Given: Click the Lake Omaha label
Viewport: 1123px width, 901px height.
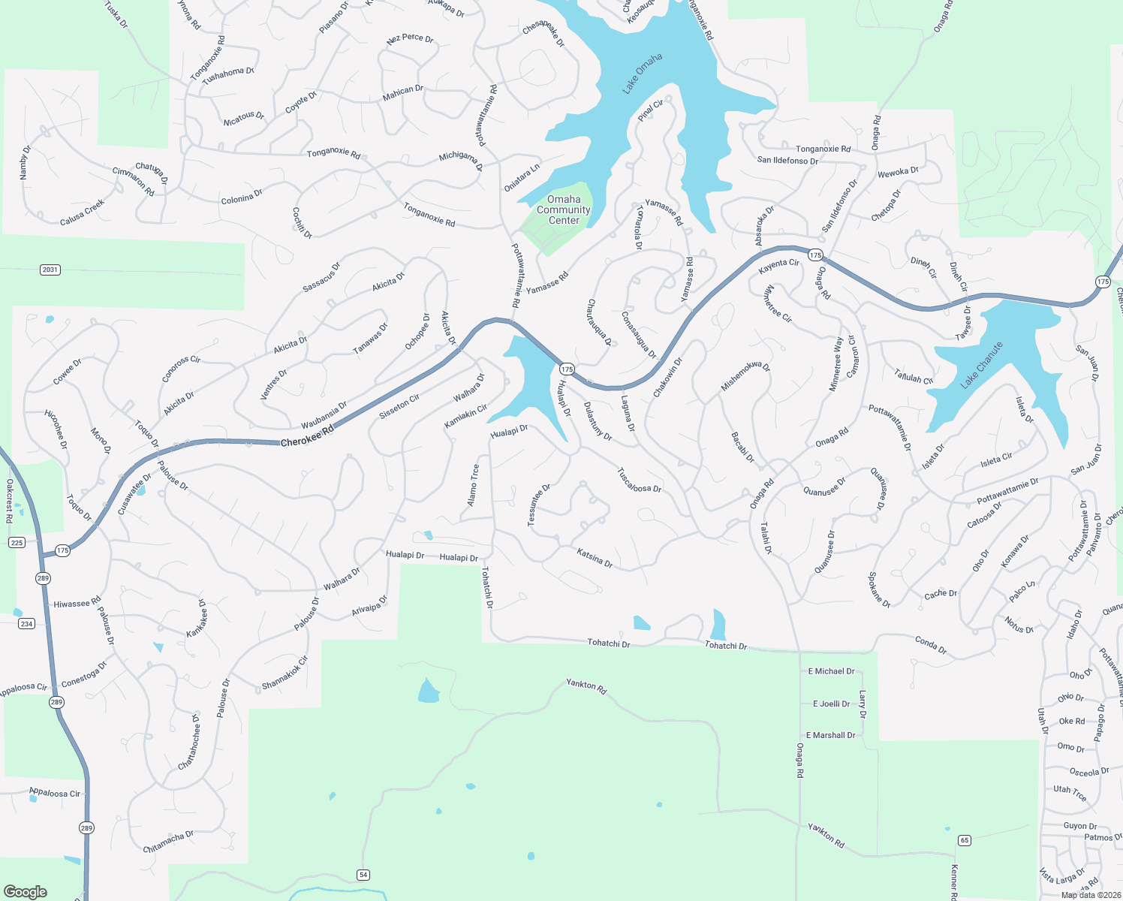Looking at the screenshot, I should pos(642,74).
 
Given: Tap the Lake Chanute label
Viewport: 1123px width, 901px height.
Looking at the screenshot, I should pos(982,366).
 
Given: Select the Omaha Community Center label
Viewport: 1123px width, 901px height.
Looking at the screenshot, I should pos(564,209).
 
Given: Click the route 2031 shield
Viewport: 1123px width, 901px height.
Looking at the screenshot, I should pos(50,270).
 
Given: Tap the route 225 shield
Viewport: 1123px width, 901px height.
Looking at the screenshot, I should pos(17,542).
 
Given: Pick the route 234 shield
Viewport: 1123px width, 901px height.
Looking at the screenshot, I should pos(26,623).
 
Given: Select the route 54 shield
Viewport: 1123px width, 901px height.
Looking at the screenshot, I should pos(363,875).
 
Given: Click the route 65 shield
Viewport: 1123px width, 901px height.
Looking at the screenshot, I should pos(965,840).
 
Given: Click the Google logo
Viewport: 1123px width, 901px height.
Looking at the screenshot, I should pos(25,891).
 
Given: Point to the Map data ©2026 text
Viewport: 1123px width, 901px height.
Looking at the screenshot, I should pos(1091,894).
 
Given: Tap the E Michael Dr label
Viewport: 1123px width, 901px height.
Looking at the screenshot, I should pos(831,671).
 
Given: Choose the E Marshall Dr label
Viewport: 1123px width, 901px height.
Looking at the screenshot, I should pos(830,735).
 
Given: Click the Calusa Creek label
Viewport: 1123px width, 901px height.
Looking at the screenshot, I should pos(83,212).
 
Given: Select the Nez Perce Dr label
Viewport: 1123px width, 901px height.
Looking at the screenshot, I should pos(410,38).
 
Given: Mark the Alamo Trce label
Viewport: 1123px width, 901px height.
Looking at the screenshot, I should pos(474,484).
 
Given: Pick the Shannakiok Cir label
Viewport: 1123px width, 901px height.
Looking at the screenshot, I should pos(285,673).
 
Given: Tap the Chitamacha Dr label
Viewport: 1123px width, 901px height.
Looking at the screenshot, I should pos(168,842).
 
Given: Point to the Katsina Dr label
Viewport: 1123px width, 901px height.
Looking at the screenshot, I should pos(595,558).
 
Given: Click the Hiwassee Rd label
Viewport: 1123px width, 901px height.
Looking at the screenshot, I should pos(77,603).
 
